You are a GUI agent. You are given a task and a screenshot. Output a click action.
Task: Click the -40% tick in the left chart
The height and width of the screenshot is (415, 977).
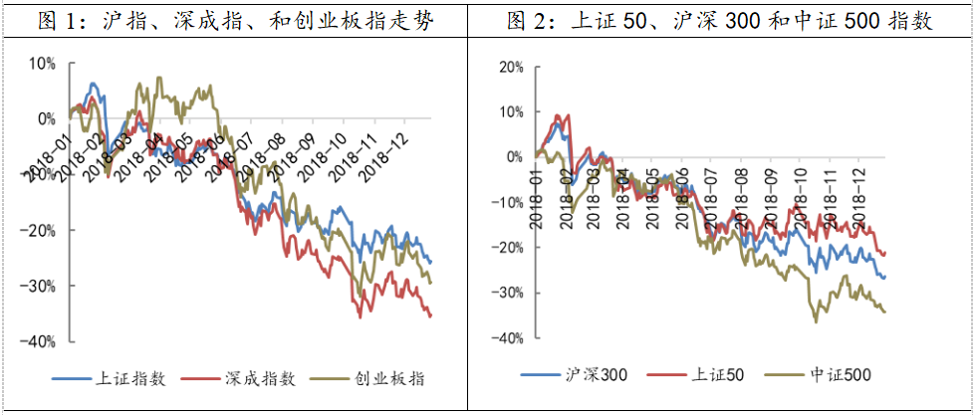(43, 341)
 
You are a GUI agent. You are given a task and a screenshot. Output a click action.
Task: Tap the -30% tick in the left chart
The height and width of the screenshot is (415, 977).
(43, 286)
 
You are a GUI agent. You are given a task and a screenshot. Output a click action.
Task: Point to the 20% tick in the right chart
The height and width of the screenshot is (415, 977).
(510, 67)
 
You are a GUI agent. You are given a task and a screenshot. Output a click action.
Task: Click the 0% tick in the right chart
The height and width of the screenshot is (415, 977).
(514, 157)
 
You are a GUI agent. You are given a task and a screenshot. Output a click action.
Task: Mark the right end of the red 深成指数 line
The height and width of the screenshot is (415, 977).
(431, 316)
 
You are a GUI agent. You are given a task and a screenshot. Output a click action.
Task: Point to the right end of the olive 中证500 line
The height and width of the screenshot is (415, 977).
(885, 311)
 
